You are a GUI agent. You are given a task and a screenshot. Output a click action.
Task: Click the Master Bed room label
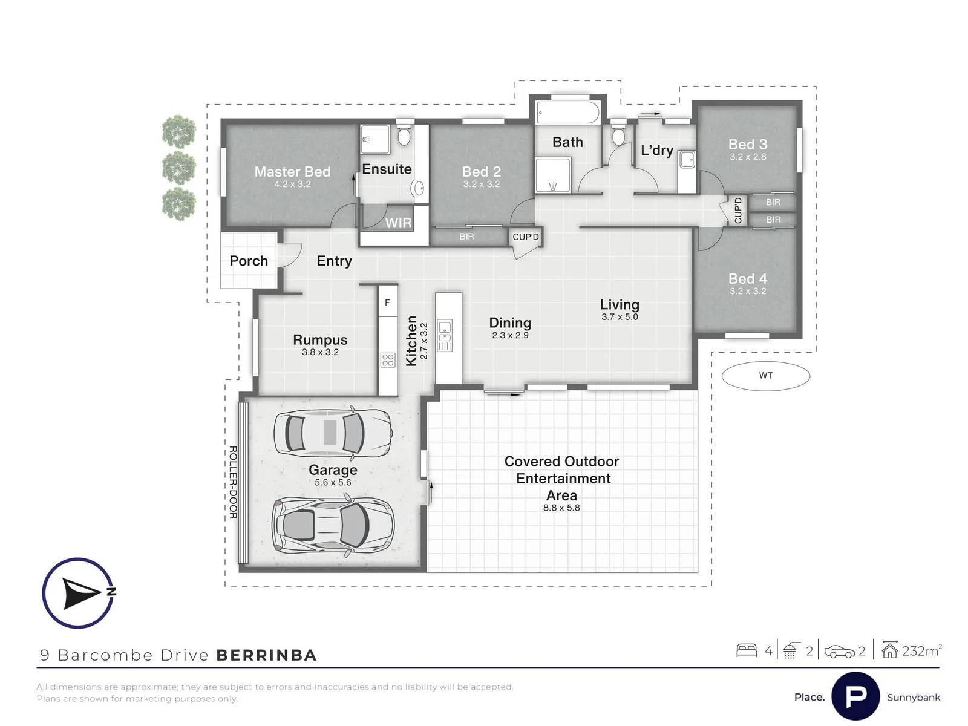point(292,171)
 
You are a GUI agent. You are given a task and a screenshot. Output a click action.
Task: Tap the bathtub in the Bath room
point(567,113)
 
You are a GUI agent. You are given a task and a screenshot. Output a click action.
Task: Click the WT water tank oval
point(765,376)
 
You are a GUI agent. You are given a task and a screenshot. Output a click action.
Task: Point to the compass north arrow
point(82,594)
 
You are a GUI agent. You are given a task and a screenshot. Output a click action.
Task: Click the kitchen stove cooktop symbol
point(388,360)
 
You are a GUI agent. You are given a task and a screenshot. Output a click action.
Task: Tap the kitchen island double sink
point(445,335)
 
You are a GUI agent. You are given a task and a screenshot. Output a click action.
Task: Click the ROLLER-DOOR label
point(233,482)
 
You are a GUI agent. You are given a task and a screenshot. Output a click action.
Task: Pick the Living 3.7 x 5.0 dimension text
point(620,317)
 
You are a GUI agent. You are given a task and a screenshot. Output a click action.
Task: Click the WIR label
point(398,223)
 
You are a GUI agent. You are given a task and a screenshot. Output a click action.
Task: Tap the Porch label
point(249,261)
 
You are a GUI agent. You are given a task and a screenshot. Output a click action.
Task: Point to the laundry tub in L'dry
point(687,160)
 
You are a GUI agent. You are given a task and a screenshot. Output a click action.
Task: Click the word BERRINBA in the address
point(266,655)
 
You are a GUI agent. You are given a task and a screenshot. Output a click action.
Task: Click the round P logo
point(855,696)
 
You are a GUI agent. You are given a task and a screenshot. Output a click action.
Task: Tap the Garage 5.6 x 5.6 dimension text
point(333,482)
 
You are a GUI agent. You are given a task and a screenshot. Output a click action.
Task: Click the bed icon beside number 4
point(747,650)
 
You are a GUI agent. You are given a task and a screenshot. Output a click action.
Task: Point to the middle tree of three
point(179,168)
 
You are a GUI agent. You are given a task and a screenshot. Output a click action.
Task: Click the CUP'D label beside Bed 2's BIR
point(526,237)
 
